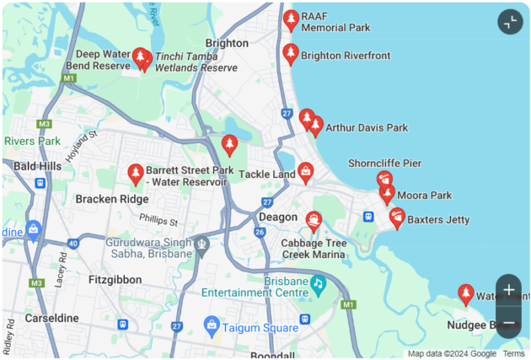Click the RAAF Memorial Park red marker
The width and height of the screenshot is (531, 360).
[291, 19]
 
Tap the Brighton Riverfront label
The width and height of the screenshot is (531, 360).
[346, 56]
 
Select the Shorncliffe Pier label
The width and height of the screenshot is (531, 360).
[384, 163]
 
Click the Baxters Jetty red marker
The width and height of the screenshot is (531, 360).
[397, 218]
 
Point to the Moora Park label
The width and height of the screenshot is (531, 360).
[425, 196]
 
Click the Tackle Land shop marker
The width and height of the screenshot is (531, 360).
[305, 173]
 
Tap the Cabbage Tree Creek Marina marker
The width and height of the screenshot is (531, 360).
[314, 222]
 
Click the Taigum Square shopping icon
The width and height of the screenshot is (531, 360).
[212, 325]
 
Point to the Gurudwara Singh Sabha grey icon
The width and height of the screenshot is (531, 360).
[201, 245]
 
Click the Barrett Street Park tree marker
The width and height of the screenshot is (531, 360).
[134, 174]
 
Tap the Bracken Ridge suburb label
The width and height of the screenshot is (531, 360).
[112, 199]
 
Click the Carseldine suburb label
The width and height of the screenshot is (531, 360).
[51, 318]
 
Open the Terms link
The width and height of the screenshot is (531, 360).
[513, 353]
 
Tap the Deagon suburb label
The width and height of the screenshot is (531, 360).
[278, 217]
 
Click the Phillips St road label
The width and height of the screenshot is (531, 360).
[158, 220]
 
